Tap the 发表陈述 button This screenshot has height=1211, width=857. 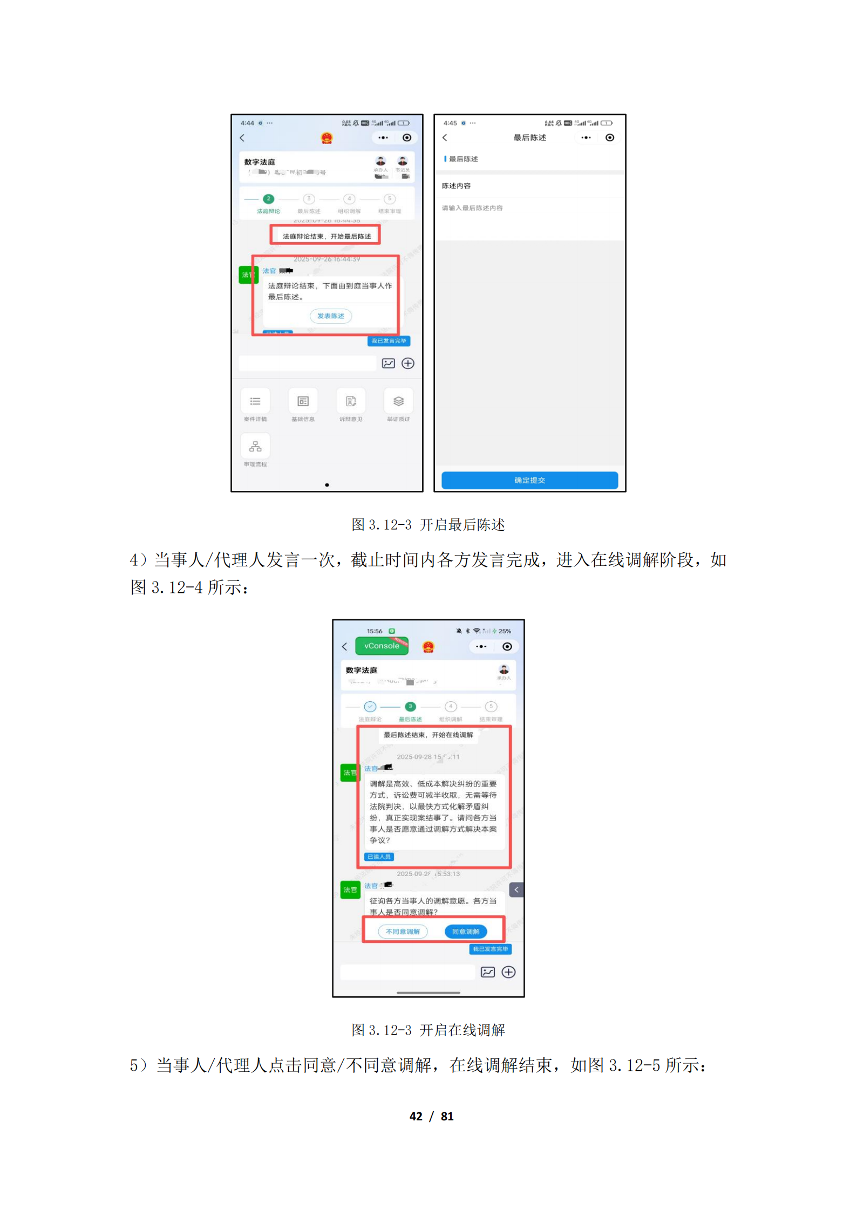click(x=330, y=316)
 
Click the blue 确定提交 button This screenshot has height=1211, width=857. click(x=529, y=480)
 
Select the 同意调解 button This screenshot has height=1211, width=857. click(x=465, y=931)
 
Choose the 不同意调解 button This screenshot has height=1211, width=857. click(x=403, y=931)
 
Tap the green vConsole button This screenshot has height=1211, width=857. click(x=382, y=646)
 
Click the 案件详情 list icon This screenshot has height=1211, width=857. click(x=255, y=401)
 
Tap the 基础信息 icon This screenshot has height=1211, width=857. click(x=303, y=401)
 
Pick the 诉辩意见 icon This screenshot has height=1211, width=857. click(x=351, y=401)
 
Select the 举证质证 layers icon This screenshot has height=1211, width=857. click(x=398, y=401)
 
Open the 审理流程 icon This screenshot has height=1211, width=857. click(x=255, y=447)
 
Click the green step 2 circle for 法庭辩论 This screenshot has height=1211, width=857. click(x=268, y=199)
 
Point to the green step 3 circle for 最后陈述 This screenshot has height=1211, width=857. click(x=410, y=706)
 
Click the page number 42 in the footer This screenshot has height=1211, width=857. click(x=416, y=1117)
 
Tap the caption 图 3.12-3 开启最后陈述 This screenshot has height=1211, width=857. click(x=428, y=525)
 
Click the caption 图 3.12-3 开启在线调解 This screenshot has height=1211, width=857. click(x=428, y=1030)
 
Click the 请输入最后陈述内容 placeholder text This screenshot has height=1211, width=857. click(x=472, y=208)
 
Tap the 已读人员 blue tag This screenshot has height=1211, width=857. click(x=379, y=857)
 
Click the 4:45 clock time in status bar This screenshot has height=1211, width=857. click(x=450, y=123)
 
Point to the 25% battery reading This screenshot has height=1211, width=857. click(x=505, y=631)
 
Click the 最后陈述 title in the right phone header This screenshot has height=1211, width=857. click(x=529, y=138)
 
